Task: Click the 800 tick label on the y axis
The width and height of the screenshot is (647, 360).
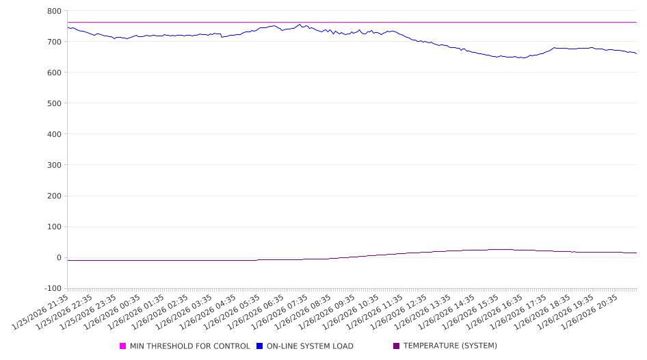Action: [x=54, y=11]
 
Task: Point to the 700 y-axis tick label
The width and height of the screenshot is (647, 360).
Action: [x=54, y=42]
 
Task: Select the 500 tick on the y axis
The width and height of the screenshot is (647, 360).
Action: [x=54, y=103]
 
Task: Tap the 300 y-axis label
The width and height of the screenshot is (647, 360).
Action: [x=54, y=165]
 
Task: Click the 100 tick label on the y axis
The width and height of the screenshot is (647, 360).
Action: [x=54, y=227]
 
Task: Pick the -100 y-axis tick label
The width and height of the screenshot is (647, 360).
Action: [x=52, y=289]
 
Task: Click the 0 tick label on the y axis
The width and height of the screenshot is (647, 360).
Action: [x=59, y=258]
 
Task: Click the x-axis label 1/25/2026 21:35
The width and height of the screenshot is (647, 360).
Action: [x=41, y=313]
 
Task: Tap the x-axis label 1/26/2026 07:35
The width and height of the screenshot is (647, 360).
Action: [x=278, y=313]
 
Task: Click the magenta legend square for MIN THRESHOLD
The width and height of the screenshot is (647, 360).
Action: [x=123, y=346]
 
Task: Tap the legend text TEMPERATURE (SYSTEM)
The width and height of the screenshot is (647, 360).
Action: [x=450, y=346]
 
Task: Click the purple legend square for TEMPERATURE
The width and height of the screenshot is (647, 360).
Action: [x=396, y=346]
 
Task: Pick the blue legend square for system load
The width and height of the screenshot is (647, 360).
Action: [x=260, y=346]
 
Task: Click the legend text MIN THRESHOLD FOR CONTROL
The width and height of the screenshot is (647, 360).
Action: [x=190, y=346]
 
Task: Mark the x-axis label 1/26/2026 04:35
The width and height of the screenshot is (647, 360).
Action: [x=207, y=313]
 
